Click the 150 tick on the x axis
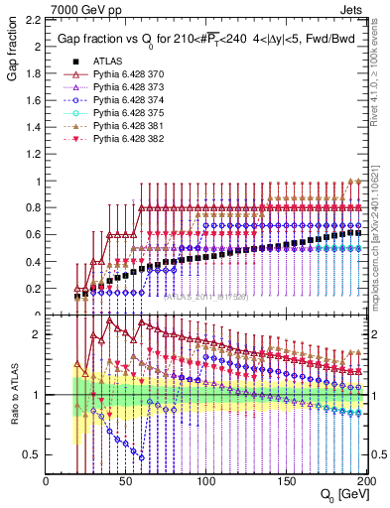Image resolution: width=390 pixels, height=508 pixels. pyautogui.click(x=286, y=481)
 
